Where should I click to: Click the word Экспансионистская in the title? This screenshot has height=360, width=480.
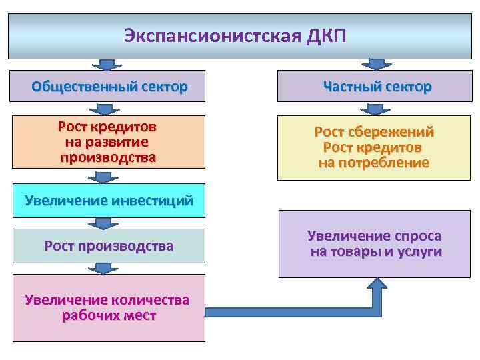[213, 35]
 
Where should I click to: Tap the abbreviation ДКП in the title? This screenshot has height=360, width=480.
[327, 35]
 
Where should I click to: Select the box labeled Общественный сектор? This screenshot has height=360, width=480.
[109, 87]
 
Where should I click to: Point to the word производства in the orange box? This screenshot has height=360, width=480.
[108, 157]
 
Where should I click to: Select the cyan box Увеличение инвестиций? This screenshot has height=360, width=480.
[109, 199]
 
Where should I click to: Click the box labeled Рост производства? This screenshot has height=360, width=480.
[109, 246]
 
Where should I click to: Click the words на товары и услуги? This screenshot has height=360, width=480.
[376, 251]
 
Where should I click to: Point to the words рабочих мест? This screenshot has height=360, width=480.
[109, 315]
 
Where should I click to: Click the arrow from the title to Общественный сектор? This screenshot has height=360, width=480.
[105, 65]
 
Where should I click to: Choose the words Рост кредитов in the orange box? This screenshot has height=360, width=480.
[108, 127]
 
